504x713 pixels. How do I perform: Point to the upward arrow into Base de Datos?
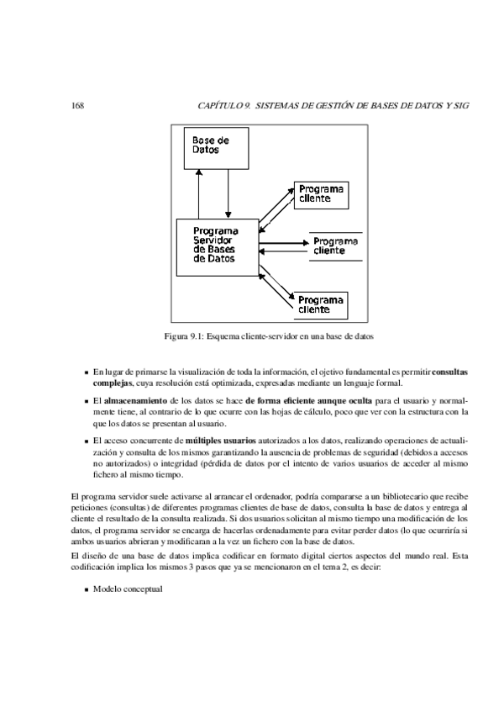pyautogui.click(x=198, y=193)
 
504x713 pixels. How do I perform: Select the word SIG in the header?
pyautogui.click(x=459, y=107)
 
